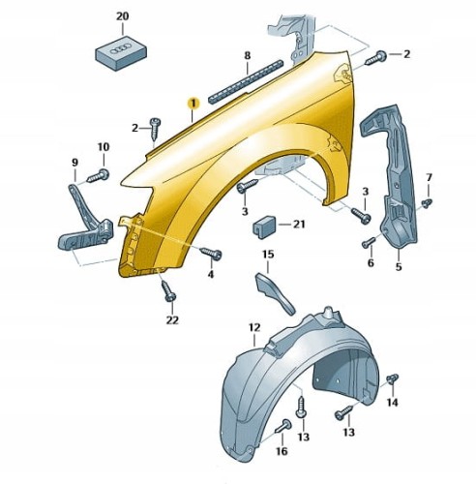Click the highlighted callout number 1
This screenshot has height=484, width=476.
coord(193,104)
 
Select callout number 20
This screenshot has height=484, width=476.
coord(122,16)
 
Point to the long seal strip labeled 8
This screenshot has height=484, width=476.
coord(246,82)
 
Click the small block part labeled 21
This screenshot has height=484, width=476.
coord(263,227)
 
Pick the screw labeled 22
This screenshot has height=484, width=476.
coord(168,290)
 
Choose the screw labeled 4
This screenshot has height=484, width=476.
coord(211,254)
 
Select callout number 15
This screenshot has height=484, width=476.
coord(268,255)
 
